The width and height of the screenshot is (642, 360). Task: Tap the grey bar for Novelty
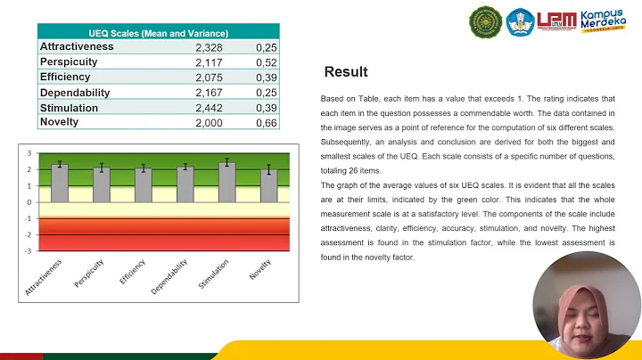269,184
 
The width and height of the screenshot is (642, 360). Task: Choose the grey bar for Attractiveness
60,182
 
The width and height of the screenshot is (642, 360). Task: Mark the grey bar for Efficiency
144,184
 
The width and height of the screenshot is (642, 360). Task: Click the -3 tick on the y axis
29,251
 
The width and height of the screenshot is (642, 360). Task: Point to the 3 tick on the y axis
29,153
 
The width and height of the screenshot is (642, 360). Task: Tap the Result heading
345,72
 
